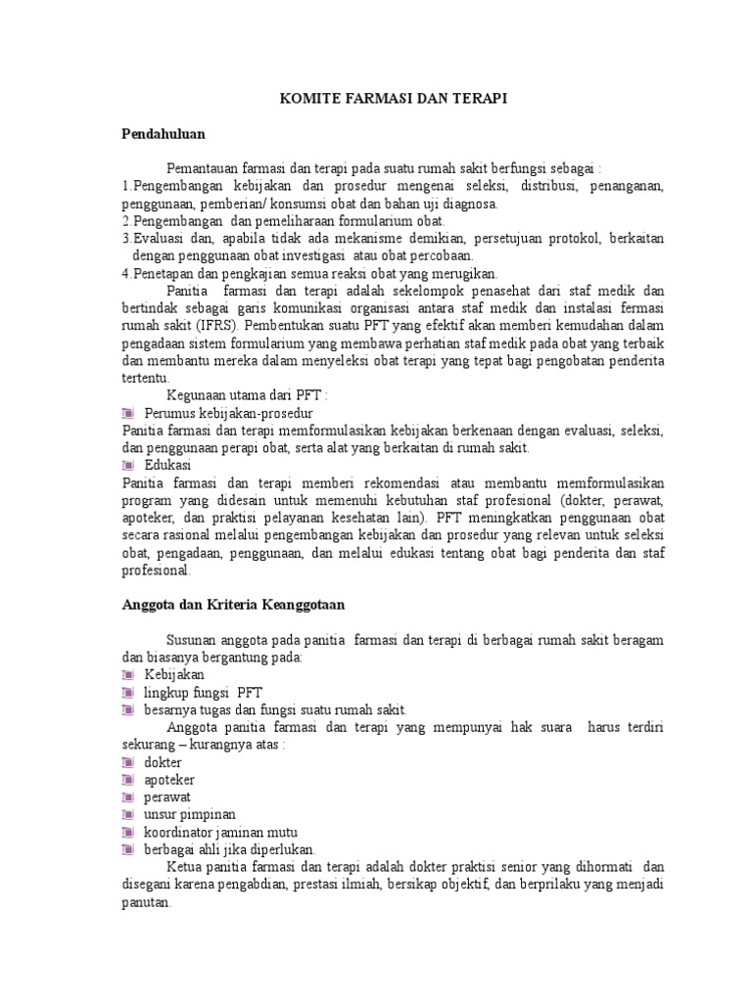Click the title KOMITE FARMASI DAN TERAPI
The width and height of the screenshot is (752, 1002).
click(396, 99)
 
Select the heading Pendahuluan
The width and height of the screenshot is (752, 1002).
click(164, 132)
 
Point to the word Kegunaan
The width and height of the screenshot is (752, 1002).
click(198, 394)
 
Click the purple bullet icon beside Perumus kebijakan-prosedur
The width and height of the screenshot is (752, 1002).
click(129, 413)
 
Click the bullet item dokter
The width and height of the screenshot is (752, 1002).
click(164, 761)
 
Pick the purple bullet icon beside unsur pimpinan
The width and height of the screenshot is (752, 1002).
click(129, 814)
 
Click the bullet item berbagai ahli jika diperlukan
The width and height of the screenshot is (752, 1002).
click(230, 849)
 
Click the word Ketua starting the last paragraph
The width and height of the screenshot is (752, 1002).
click(186, 867)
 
